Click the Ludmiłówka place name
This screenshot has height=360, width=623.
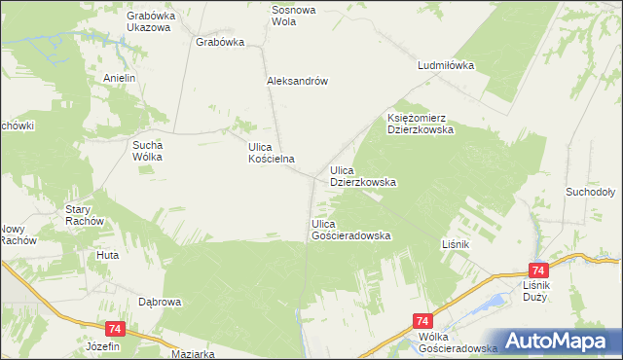(x=445, y=66)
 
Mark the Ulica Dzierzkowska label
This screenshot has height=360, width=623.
(x=362, y=176)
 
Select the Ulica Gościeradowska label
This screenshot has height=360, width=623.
(x=350, y=230)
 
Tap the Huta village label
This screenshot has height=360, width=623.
(x=107, y=255)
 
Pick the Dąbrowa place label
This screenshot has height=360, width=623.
(x=160, y=303)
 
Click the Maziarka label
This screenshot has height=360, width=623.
(x=192, y=354)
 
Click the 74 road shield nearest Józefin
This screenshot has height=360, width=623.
(x=115, y=330)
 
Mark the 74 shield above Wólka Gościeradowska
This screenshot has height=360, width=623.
(x=422, y=320)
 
